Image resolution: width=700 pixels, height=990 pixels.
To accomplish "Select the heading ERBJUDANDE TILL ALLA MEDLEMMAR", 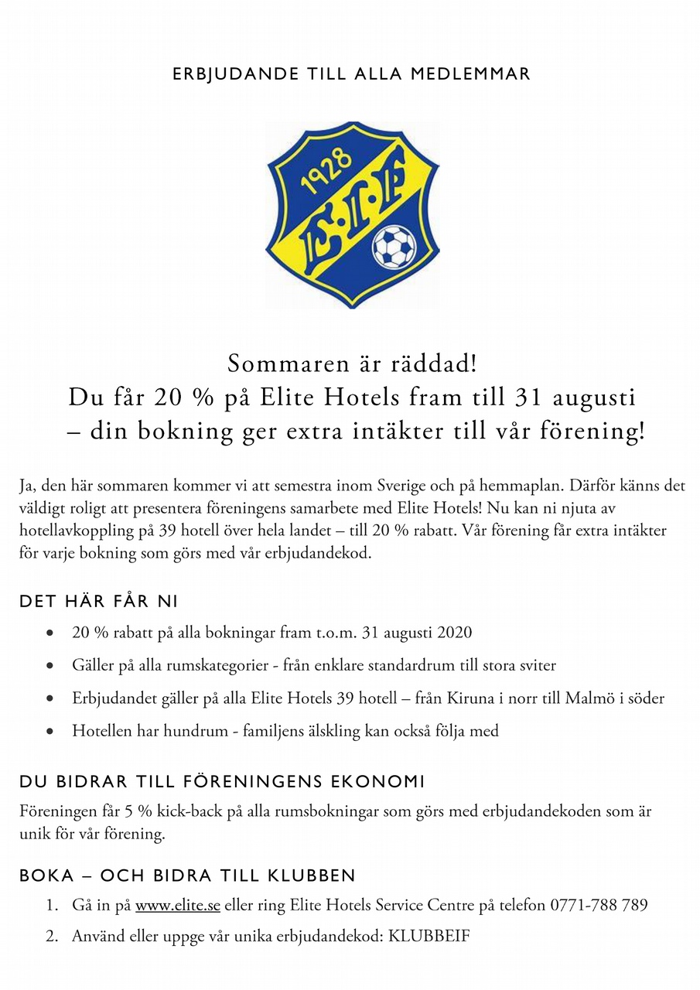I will click(x=351, y=74).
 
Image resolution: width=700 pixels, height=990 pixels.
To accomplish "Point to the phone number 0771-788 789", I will click(x=599, y=905).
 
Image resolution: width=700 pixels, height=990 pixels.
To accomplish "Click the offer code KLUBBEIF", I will click(x=429, y=936).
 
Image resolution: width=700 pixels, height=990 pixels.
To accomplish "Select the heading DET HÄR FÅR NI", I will click(x=99, y=601).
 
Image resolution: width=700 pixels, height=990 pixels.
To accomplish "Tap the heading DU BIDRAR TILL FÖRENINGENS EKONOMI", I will click(x=222, y=782).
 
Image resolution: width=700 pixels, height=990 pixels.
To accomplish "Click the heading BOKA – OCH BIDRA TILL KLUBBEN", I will click(x=187, y=876).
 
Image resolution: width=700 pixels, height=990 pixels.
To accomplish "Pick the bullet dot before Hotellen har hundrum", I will click(x=50, y=732).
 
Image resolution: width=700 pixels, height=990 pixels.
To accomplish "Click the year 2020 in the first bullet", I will click(x=455, y=633).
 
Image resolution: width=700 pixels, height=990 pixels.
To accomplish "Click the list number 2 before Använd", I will click(x=51, y=936).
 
